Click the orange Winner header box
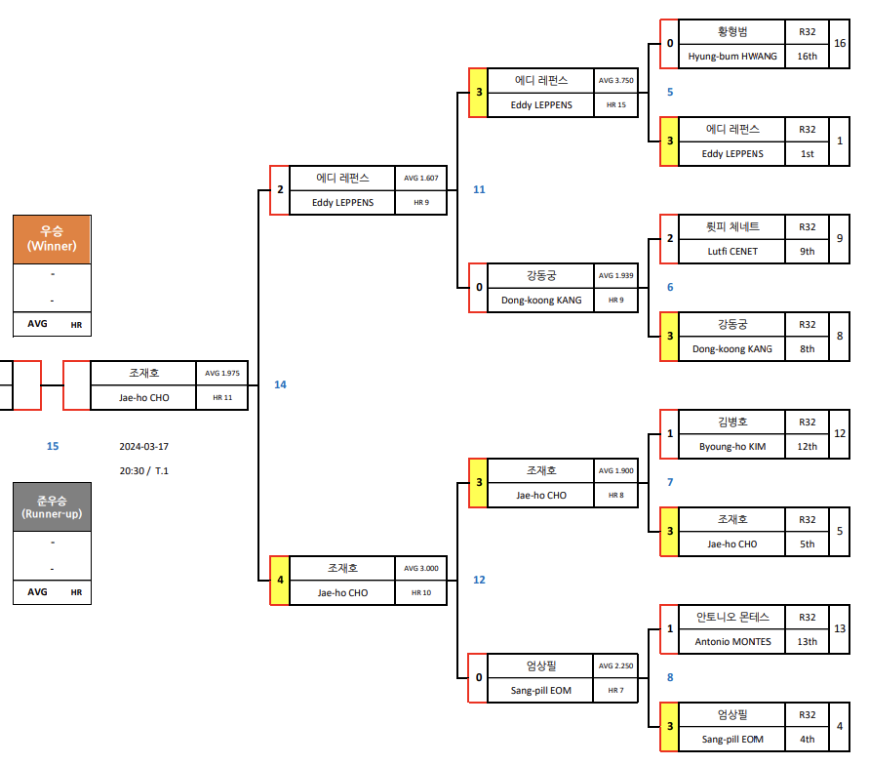(52, 239)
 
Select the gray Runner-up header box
(52, 506)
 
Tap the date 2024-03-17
(144, 446)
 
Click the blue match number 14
(280, 384)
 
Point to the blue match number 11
(479, 189)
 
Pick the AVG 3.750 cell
(615, 81)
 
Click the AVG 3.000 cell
(420, 568)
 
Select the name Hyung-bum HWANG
(732, 57)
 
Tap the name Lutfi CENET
(732, 252)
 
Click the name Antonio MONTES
(732, 642)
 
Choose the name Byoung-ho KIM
(732, 447)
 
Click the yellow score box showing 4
(280, 581)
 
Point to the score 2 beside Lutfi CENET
(669, 239)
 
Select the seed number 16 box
(840, 44)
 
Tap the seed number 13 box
(840, 629)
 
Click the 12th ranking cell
(807, 447)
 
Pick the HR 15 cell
(615, 105)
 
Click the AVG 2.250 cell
(615, 666)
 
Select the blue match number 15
(53, 446)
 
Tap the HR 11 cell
(222, 398)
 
